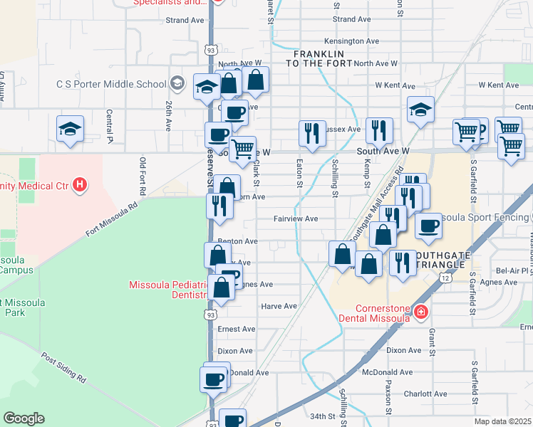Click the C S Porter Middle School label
point(112,84)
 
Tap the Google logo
point(24,418)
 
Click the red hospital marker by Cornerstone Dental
point(421,312)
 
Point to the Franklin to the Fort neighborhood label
point(319,59)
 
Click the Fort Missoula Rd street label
point(111,220)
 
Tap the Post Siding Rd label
point(63,367)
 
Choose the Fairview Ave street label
point(295,219)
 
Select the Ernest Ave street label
point(237,329)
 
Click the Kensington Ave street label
point(351,41)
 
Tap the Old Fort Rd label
point(143,176)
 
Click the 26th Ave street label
point(168,115)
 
